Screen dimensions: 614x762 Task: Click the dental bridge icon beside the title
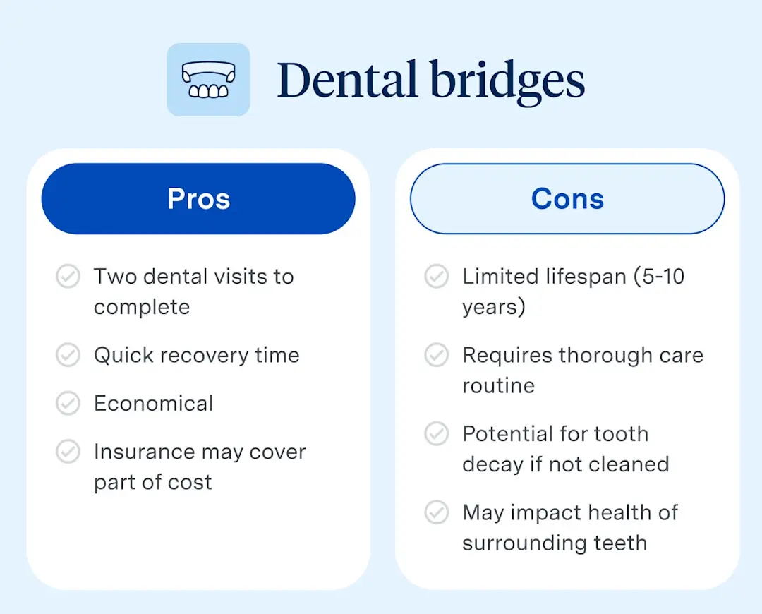(x=208, y=80)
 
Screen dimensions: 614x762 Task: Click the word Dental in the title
(x=346, y=80)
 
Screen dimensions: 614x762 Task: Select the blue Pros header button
(x=198, y=199)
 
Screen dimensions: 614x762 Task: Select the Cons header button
(x=567, y=199)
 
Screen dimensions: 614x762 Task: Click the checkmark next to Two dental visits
(x=68, y=277)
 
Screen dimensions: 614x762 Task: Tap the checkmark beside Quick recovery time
(x=68, y=355)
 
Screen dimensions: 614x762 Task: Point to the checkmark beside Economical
(x=68, y=403)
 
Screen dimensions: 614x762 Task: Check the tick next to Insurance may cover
(x=68, y=452)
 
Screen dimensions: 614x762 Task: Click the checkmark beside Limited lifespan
(x=436, y=277)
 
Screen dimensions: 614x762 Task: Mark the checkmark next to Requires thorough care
(x=436, y=355)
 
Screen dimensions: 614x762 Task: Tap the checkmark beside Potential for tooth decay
(x=436, y=433)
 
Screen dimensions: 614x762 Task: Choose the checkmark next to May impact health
(x=436, y=512)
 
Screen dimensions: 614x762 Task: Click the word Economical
(x=153, y=403)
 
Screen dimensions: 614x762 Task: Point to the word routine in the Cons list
(x=498, y=386)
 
